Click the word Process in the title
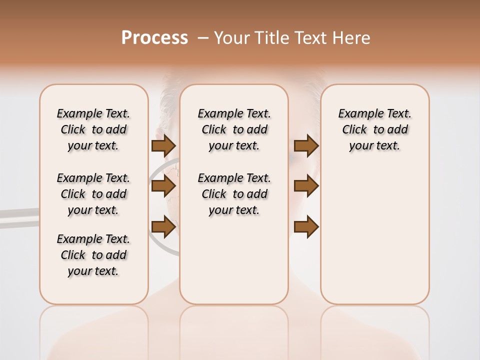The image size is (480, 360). click(154, 37)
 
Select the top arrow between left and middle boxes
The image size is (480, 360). click(163, 146)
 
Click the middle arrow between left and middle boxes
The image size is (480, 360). click(163, 186)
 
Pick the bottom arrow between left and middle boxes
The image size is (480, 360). click(163, 226)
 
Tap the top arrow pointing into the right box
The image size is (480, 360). click(306, 146)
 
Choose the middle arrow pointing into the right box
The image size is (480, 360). click(306, 186)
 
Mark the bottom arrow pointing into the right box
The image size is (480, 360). click(306, 226)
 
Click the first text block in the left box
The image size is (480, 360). click(93, 129)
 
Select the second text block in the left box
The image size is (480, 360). click(93, 194)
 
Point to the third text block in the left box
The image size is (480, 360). click(93, 255)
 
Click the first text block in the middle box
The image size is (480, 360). click(234, 129)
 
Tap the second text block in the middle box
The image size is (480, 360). click(234, 194)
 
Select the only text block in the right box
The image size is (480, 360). click(374, 129)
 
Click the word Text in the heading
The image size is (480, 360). click(309, 38)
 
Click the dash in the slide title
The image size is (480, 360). click(203, 38)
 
